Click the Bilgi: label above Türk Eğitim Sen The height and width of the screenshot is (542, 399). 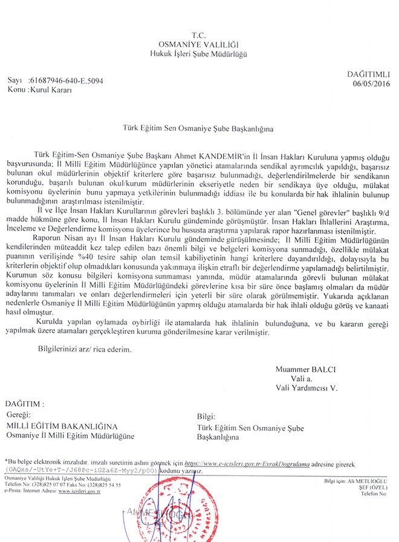pos(207,417)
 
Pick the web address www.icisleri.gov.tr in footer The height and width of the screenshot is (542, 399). pos(79,492)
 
